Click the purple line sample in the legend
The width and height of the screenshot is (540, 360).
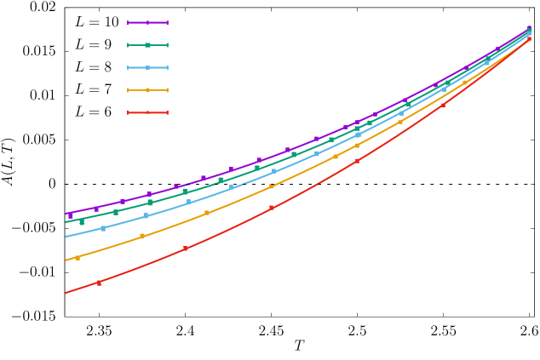point(147,23)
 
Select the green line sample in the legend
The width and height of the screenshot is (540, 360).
point(147,45)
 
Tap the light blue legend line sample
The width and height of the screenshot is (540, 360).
point(147,67)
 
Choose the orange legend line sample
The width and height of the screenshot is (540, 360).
point(147,89)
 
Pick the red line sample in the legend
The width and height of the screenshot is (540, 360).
point(147,112)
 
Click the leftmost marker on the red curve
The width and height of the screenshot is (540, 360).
point(99,283)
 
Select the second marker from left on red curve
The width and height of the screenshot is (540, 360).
point(186,249)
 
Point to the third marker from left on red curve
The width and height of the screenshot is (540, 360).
point(272,208)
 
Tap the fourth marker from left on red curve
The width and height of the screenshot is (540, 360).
point(358,160)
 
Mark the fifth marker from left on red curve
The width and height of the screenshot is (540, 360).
point(443,106)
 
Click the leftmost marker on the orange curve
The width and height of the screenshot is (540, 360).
point(78,257)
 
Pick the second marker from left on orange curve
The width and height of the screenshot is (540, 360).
point(142,236)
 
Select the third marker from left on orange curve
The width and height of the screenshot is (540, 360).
point(207,212)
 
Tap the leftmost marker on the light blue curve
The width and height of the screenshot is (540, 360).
point(103,228)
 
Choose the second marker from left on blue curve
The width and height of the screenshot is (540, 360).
point(146,215)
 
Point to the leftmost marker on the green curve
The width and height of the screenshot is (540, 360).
point(82,222)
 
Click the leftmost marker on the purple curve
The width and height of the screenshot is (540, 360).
point(71,215)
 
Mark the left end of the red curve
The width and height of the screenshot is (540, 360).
point(66,293)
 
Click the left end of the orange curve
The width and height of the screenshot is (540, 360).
point(66,260)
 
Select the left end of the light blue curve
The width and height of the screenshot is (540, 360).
point(66,237)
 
